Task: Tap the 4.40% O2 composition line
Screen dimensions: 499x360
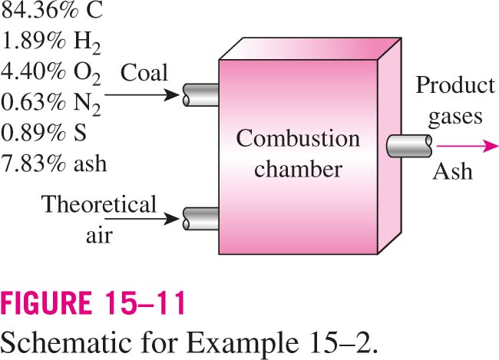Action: point(51,73)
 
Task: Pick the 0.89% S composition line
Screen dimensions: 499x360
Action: point(44,133)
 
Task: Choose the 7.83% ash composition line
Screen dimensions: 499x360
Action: point(54,163)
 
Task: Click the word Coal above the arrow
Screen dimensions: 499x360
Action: point(144,73)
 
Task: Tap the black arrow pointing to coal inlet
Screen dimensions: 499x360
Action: point(142,95)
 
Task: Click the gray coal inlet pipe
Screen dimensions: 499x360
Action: point(201,95)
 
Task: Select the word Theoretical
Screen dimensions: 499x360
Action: point(99,204)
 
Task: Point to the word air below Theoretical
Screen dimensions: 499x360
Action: point(99,236)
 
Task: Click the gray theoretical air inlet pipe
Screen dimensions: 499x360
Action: point(201,219)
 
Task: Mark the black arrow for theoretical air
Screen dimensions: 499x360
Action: point(142,219)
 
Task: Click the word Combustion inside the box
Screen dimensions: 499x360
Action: point(298,139)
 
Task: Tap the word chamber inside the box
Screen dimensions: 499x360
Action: point(298,169)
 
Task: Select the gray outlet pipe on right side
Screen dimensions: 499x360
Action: point(410,146)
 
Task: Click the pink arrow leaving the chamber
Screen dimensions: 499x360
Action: point(468,146)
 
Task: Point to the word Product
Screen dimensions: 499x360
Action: point(455,85)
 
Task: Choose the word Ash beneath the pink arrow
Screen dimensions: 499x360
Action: point(452,172)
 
